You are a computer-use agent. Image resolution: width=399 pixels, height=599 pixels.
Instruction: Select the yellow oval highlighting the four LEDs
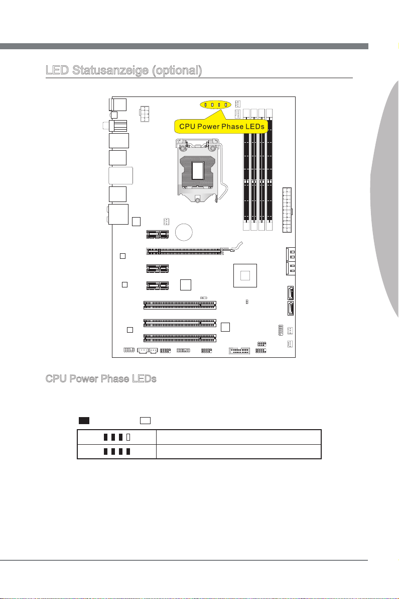[x=215, y=105]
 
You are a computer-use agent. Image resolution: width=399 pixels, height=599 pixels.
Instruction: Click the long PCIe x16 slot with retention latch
[x=186, y=250]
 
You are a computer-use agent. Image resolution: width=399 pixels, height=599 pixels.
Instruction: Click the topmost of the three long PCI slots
[x=179, y=305]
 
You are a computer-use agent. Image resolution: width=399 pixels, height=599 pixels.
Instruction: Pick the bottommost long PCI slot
[x=179, y=337]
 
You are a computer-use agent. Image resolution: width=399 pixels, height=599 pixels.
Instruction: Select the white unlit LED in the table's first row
[x=128, y=437]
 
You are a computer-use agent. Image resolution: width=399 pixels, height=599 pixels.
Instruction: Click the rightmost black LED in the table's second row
[x=128, y=452]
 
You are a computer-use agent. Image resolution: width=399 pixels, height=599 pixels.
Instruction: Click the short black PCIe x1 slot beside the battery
[x=157, y=234]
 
